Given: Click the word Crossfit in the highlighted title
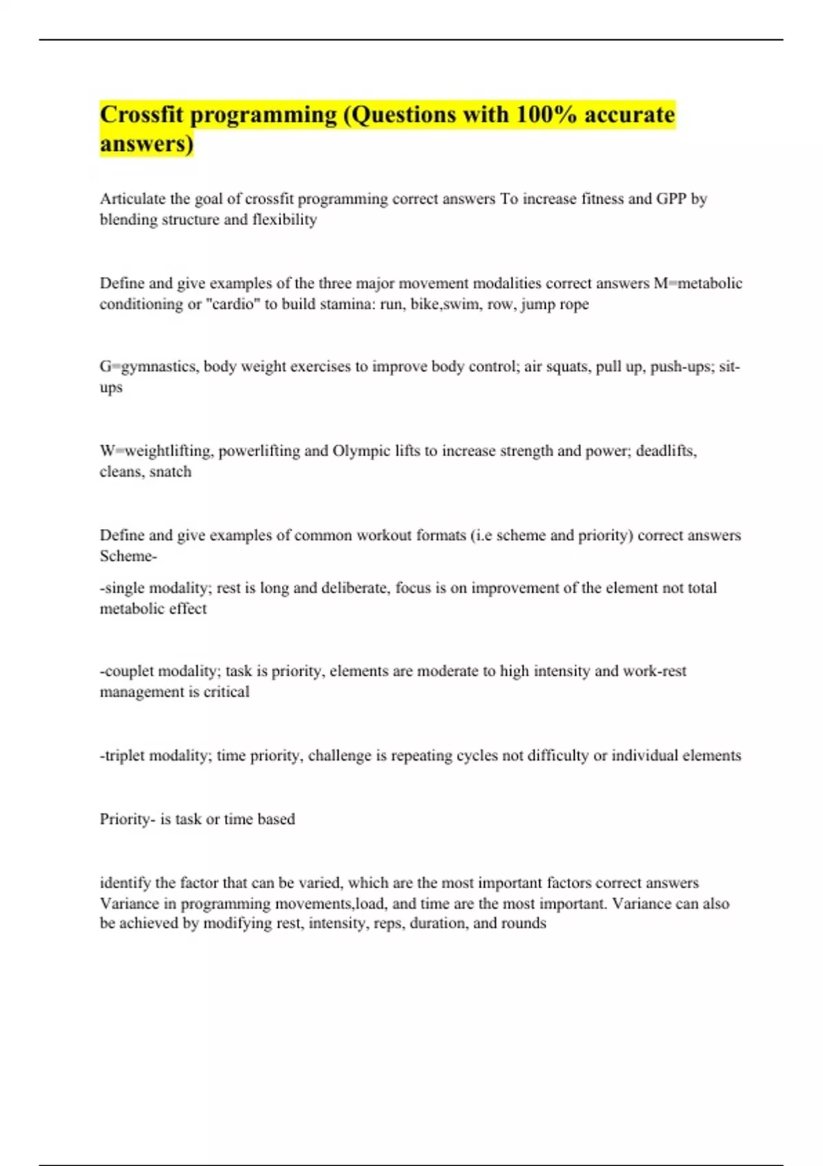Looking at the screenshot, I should [142, 115].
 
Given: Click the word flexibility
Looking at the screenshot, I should [285, 219].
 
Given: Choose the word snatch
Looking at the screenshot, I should [170, 472].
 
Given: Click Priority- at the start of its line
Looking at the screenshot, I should [128, 819].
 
